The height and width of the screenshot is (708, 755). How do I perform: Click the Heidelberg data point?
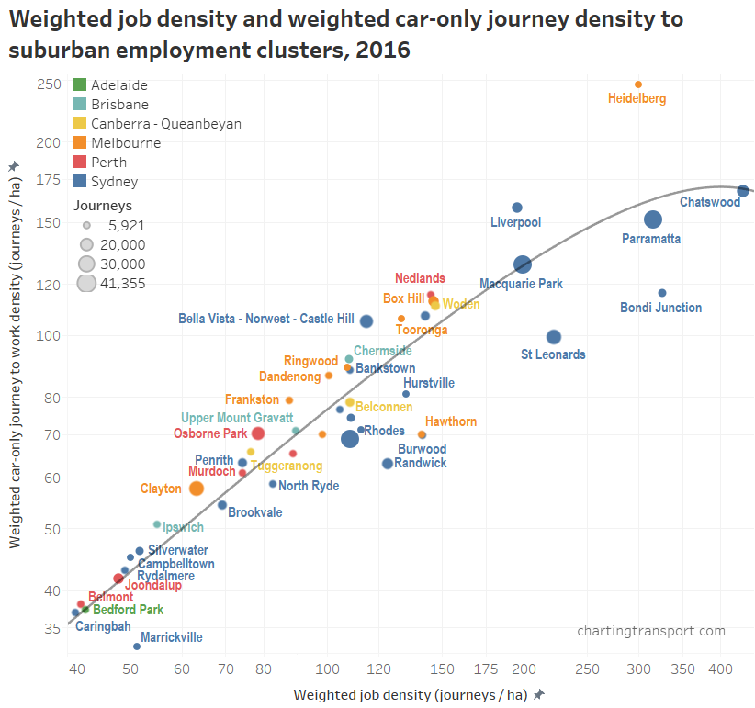638,84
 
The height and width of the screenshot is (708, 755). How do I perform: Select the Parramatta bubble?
653,219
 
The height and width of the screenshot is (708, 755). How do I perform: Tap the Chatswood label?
709,202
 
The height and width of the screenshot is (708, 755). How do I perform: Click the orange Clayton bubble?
196,489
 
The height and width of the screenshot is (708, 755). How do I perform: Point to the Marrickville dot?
137,646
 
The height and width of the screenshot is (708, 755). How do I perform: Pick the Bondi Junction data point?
661,293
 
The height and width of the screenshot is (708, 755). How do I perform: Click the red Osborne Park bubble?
258,433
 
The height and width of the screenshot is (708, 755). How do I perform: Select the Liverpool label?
515,222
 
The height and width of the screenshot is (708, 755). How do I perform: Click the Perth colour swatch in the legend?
80,163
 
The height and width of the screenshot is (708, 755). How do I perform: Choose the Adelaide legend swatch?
80,85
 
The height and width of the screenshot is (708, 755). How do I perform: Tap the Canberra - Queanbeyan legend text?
166,124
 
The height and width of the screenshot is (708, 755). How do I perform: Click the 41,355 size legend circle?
86,283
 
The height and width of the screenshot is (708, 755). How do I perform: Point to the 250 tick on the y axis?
50,84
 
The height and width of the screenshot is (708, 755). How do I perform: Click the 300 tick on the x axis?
638,668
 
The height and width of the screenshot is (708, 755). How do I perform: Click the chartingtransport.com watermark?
651,631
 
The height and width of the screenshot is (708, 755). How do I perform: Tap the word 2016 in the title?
383,50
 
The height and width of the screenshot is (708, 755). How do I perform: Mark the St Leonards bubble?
553,337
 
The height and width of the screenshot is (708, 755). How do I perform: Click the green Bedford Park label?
128,610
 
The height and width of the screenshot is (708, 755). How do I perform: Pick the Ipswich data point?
157,524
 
